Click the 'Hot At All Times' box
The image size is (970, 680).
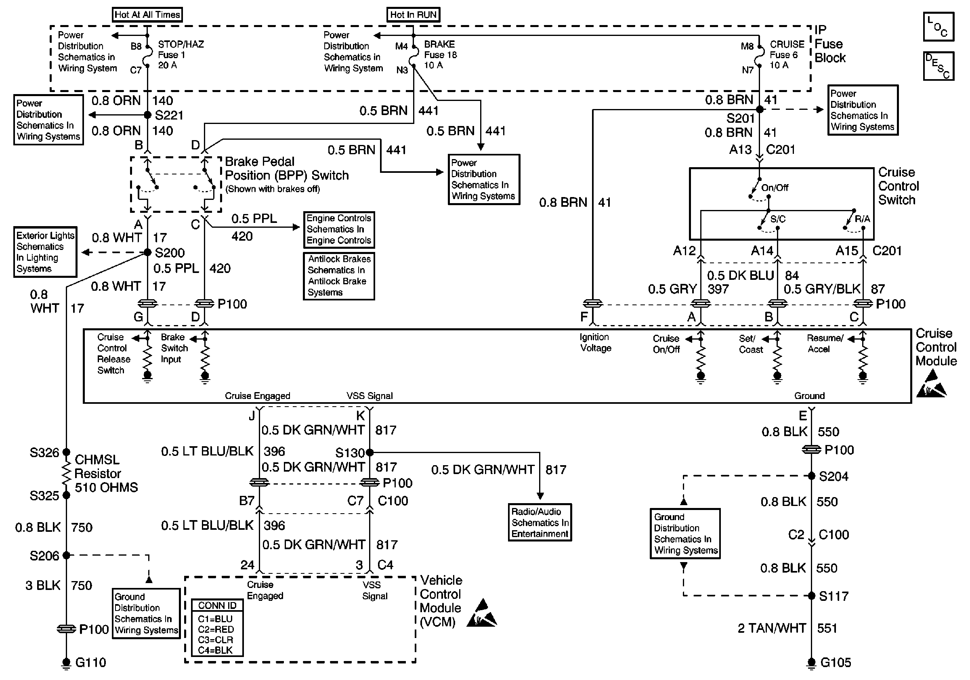click(147, 15)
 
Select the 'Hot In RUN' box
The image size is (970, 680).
click(413, 15)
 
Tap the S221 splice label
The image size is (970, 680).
click(169, 115)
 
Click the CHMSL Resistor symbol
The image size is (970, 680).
click(66, 474)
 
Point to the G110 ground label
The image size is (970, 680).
click(90, 662)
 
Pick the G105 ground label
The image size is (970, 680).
click(835, 662)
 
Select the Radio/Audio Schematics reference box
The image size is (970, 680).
click(540, 523)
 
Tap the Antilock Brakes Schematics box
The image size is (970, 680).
click(339, 276)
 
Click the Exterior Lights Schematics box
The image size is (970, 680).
click(45, 252)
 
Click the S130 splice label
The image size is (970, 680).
click(349, 453)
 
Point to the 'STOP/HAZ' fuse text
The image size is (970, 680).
click(181, 44)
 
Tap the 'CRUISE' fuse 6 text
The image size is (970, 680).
click(787, 44)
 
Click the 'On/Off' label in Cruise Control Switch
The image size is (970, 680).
click(775, 187)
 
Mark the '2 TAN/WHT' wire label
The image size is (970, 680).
click(772, 628)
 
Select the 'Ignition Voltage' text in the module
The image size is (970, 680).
click(595, 342)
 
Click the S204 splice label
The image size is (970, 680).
click(833, 476)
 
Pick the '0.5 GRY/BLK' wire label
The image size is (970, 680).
click(822, 289)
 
